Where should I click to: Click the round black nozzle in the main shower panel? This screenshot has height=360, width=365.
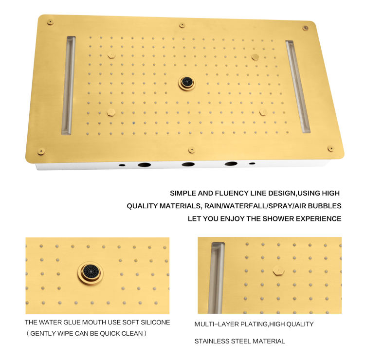click(187, 82)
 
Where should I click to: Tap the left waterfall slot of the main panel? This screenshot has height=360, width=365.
click(68, 86)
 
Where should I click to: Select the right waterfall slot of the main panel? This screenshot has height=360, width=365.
click(298, 87)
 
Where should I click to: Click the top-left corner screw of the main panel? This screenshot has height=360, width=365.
click(50, 22)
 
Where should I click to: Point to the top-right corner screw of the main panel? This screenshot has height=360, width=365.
click(305, 28)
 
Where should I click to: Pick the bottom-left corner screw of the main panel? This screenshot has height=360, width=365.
click(41, 151)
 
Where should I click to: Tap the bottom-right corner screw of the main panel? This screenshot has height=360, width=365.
click(330, 148)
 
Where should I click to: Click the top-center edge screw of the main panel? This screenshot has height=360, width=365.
click(182, 25)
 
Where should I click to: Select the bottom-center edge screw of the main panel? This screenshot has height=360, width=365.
click(191, 150)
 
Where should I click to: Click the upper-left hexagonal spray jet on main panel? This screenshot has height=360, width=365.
click(111, 56)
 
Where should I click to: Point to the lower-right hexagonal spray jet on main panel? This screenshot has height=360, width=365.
click(263, 112)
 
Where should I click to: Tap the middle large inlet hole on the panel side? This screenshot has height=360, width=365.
click(188, 164)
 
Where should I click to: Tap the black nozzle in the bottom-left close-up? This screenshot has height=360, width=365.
click(91, 273)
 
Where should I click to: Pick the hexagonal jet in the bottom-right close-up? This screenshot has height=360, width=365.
click(279, 270)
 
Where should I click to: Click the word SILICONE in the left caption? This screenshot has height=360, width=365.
click(155, 323)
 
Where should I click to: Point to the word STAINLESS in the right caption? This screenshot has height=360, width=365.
click(212, 341)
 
